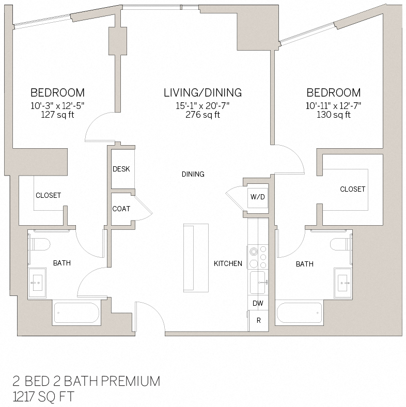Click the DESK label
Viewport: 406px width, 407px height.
(121, 169)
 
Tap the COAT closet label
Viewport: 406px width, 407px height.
(121, 209)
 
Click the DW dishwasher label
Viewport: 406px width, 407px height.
(257, 303)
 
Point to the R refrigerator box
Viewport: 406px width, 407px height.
(258, 320)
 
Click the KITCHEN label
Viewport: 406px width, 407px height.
(228, 263)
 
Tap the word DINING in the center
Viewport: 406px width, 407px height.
(193, 174)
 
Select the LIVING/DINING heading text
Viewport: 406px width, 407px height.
(202, 93)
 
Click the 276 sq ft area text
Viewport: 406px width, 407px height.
(202, 115)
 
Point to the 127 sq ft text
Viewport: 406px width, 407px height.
(57, 115)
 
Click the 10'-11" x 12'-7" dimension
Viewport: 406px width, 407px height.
(333, 105)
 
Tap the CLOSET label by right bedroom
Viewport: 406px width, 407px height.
(352, 189)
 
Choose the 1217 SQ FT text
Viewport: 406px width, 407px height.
(43, 397)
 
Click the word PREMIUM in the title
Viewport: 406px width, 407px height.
(130, 382)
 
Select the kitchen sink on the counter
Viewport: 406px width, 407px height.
(258, 283)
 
